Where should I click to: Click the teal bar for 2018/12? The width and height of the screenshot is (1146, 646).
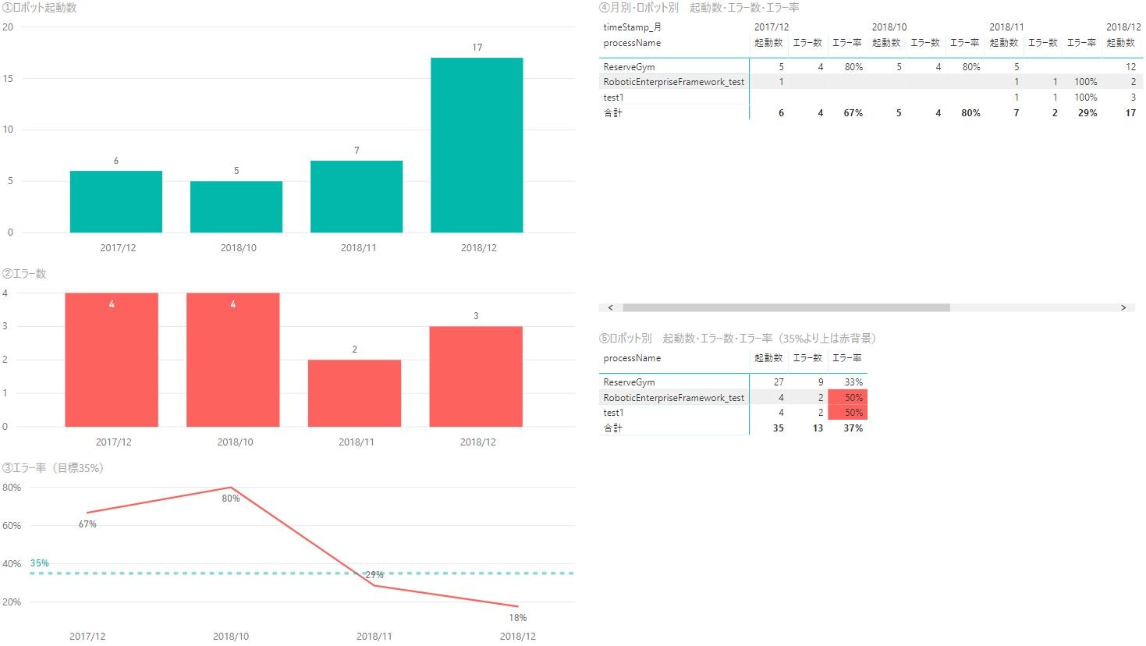pyautogui.click(x=477, y=145)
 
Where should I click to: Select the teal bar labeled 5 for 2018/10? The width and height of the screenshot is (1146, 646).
pyautogui.click(x=236, y=207)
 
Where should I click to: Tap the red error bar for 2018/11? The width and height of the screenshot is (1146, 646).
pyautogui.click(x=354, y=393)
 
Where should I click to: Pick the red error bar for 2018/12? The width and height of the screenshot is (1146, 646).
pyautogui.click(x=476, y=376)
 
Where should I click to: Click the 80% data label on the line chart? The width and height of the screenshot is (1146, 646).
pyautogui.click(x=231, y=499)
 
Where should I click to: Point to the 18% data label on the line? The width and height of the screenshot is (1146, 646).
pyautogui.click(x=518, y=618)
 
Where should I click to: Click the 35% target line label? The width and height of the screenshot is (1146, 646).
pyautogui.click(x=40, y=563)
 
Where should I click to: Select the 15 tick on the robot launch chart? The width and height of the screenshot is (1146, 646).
pyautogui.click(x=8, y=78)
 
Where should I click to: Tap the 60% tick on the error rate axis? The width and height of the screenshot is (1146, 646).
pyautogui.click(x=12, y=526)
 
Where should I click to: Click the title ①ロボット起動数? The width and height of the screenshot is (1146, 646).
pyautogui.click(x=39, y=8)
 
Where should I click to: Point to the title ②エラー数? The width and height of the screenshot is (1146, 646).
pyautogui.click(x=24, y=274)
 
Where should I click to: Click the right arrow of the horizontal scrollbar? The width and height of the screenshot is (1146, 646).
pyautogui.click(x=1123, y=308)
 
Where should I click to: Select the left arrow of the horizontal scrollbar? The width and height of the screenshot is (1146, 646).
pyautogui.click(x=610, y=308)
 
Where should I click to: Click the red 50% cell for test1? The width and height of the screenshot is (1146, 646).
pyautogui.click(x=848, y=413)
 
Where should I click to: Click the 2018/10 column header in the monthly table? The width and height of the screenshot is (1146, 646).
pyautogui.click(x=889, y=27)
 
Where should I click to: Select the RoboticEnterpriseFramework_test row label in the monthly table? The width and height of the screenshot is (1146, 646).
pyautogui.click(x=674, y=82)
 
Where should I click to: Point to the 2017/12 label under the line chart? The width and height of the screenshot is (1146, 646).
pyautogui.click(x=87, y=637)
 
